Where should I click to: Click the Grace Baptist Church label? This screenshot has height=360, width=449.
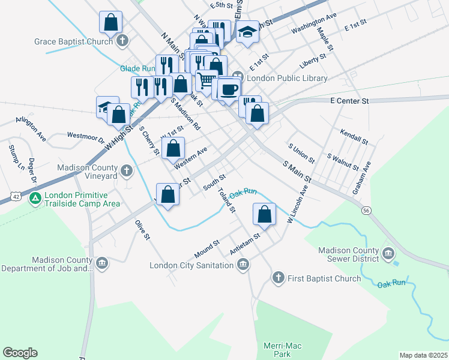[x=74, y=42]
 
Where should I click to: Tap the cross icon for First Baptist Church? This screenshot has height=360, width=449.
[x=277, y=278]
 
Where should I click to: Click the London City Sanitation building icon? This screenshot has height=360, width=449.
[x=243, y=265]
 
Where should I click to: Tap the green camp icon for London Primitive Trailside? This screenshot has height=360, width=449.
[x=35, y=197]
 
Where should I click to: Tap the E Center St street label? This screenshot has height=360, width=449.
[x=349, y=101]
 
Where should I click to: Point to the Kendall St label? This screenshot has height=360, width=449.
[x=354, y=136]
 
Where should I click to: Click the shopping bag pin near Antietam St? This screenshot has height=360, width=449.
[x=264, y=214]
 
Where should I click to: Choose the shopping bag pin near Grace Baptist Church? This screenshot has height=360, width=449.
[x=111, y=23]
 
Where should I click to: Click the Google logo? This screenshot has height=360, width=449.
[x=20, y=353]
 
